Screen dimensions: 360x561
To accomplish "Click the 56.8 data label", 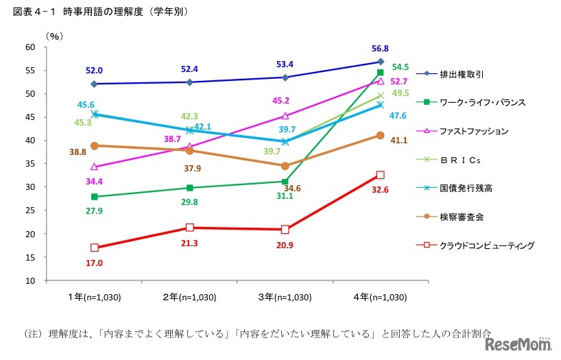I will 379,49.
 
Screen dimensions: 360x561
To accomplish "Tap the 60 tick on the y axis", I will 29,47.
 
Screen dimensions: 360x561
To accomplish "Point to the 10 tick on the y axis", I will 29,280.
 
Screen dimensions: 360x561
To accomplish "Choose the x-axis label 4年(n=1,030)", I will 380,298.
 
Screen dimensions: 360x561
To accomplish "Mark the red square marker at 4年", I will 380,175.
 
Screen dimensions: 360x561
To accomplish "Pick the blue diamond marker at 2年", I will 189,82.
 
